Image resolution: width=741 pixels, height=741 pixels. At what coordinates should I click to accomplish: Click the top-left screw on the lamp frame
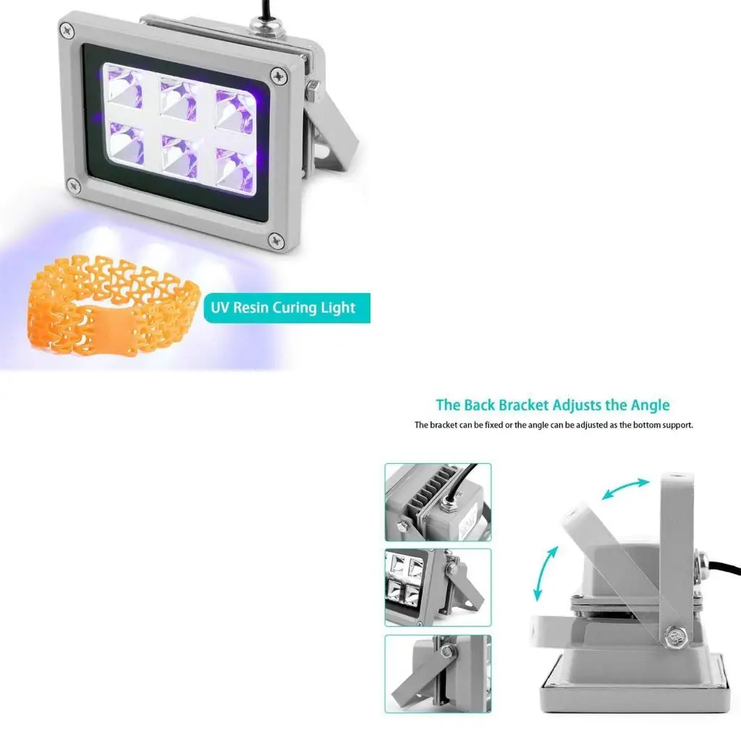[67, 30]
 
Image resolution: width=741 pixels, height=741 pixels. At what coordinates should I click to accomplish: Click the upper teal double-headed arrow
[626, 488]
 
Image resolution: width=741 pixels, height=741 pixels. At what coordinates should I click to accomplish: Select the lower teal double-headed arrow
[546, 573]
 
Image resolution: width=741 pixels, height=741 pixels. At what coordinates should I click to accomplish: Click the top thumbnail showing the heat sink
[438, 502]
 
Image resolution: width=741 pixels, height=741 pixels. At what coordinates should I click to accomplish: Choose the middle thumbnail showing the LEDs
[438, 587]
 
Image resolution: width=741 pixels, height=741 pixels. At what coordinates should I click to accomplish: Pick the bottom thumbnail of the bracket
[438, 674]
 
